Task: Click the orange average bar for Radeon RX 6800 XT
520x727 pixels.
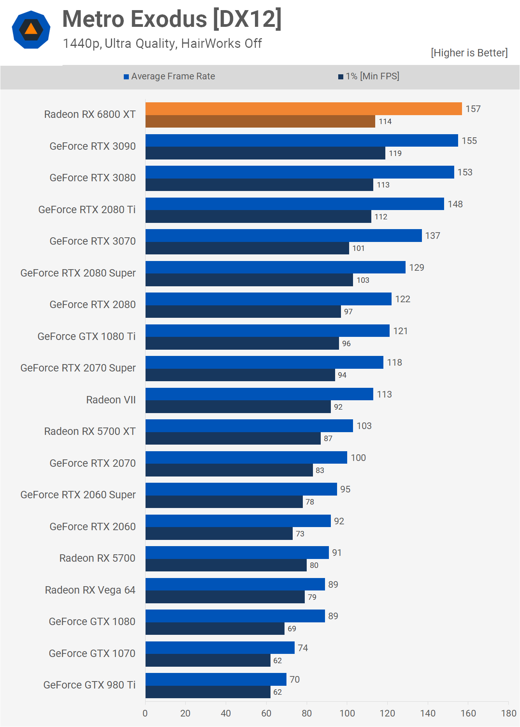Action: point(304,109)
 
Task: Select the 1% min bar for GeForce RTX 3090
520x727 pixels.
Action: point(265,153)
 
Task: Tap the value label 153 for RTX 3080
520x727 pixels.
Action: point(465,172)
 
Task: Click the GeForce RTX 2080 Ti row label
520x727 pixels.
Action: point(87,210)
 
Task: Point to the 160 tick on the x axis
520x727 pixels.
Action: point(468,713)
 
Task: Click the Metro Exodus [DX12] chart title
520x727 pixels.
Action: point(172,19)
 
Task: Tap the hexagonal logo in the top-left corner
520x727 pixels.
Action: point(31,30)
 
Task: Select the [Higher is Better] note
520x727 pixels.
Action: point(469,53)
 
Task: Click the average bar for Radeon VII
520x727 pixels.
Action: point(259,394)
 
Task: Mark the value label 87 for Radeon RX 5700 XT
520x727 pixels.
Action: point(328,438)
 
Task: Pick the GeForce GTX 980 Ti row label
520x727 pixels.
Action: point(89,685)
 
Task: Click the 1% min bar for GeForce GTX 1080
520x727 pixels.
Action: point(215,629)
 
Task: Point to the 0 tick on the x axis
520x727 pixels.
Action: point(145,713)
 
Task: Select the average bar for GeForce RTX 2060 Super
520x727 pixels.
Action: point(241,489)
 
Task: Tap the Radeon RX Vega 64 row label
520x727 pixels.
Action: point(90,590)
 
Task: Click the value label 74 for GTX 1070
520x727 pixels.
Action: point(303,648)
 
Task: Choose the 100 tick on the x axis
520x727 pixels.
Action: point(347,713)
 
